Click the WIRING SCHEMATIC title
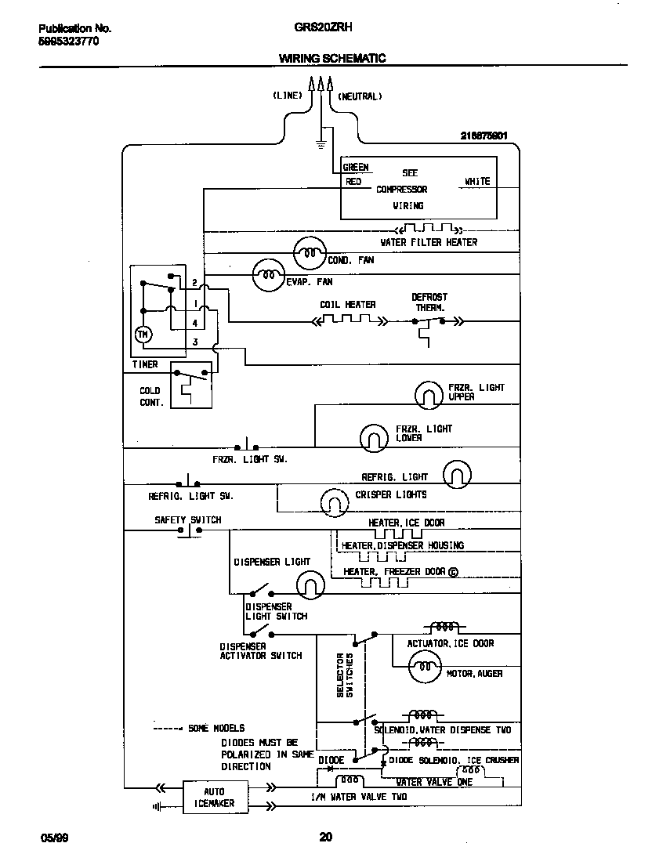pos(332,59)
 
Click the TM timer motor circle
pos(142,335)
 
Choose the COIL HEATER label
pos(347,305)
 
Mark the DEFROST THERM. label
pos(429,302)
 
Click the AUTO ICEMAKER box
pos(214,798)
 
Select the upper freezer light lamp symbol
pos(429,394)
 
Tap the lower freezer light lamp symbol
pos(374,437)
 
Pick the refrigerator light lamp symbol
pos(457,474)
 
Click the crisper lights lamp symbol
pos(335,499)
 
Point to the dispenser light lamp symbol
pos(310,583)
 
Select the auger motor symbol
pos(424,668)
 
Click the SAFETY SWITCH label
pos(188,519)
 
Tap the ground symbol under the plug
pos(321,143)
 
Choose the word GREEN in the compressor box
pos(356,167)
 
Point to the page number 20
pos(326,837)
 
